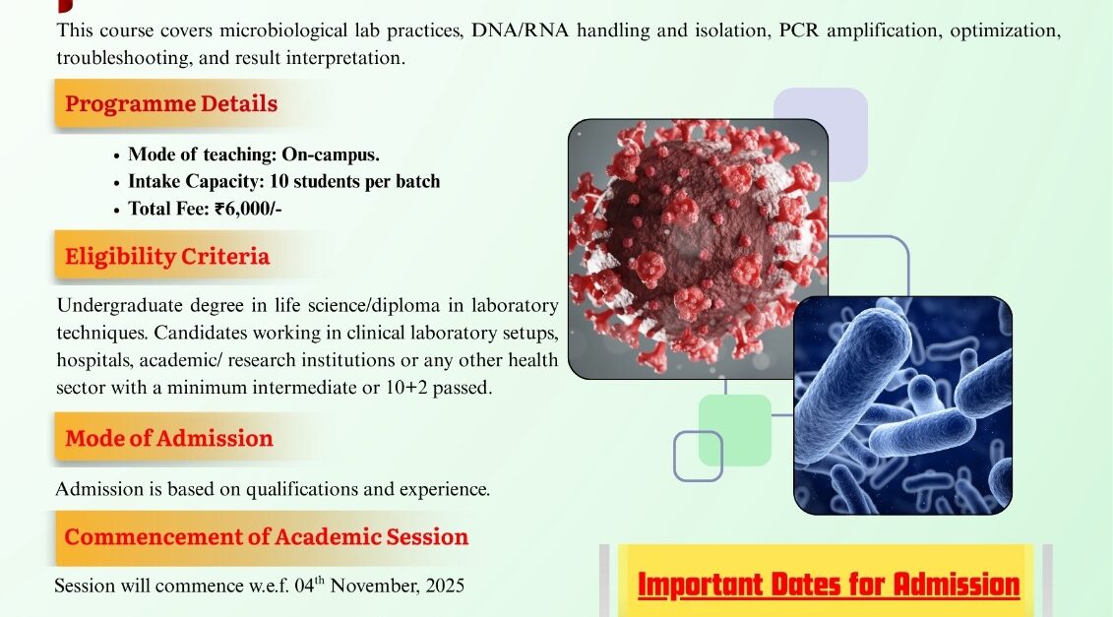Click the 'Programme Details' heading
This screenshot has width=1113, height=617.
coord(171,103)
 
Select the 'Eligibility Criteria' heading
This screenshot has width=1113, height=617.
coord(167,256)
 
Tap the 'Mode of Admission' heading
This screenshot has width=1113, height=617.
coord(169,438)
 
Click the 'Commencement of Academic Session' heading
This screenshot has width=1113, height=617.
coord(266,536)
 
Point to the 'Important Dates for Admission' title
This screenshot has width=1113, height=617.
coord(829,586)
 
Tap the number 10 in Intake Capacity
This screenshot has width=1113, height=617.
coord(278,182)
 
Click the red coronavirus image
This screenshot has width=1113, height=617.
coord(698,249)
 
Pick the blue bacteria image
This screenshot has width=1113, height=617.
coord(902,405)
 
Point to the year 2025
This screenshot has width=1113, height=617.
coord(445,586)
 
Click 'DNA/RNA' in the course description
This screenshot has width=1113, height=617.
coord(521,31)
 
